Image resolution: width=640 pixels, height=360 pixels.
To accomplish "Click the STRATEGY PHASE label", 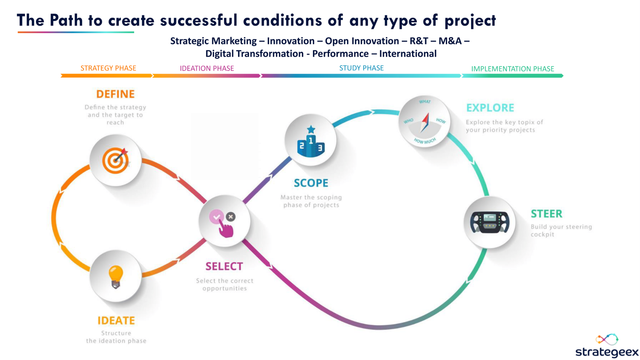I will [108, 68].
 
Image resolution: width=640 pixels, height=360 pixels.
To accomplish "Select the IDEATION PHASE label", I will [207, 68].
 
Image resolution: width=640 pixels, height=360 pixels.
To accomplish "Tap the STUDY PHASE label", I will [361, 68].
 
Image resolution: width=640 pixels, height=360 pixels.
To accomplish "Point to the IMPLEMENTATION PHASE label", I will [512, 69].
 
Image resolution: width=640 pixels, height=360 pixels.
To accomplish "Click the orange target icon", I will [115, 160].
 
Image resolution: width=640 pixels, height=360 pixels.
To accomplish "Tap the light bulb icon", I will [116, 276].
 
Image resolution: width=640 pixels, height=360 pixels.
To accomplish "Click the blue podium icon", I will [311, 145].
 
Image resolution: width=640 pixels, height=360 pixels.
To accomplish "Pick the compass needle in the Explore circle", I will [425, 122].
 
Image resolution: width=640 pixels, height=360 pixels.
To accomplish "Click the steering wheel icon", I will [489, 222].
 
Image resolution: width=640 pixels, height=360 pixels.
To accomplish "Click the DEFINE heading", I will [115, 94].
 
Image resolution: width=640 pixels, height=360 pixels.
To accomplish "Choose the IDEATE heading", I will [116, 320].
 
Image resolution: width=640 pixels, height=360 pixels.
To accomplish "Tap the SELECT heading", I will [224, 266].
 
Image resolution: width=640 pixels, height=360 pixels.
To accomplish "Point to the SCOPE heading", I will [311, 183].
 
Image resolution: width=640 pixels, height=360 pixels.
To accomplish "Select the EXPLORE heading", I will [490, 108].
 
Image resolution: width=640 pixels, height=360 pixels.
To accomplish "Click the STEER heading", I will [546, 214].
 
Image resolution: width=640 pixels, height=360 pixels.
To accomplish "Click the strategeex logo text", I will [607, 352].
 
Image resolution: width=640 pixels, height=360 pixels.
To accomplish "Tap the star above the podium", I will [311, 129].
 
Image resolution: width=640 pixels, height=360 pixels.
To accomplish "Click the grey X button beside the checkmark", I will [230, 217].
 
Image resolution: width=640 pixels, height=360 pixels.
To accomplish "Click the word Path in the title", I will [66, 20].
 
